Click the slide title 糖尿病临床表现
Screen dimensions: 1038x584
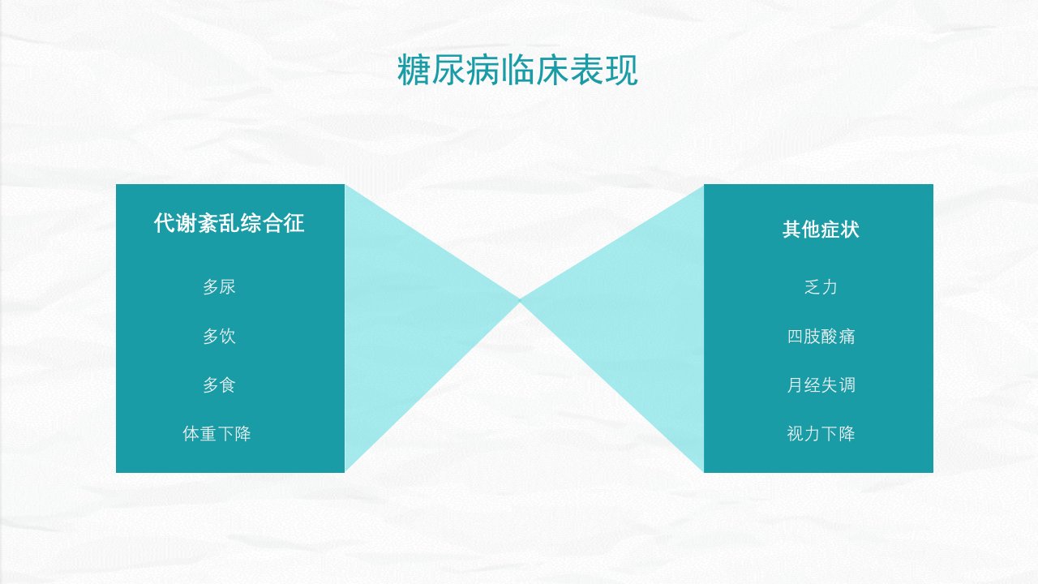point(517,70)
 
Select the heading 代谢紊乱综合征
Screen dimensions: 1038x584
point(229,223)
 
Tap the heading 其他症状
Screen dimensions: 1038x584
point(821,230)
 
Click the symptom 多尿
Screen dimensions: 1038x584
point(219,287)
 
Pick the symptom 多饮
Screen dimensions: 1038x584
point(219,336)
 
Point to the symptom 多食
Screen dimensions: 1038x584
point(219,384)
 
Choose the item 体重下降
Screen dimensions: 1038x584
point(217,434)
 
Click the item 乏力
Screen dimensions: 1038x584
point(821,287)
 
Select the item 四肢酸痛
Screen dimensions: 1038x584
point(821,336)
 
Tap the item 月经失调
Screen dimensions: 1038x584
point(821,384)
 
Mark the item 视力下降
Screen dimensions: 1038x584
point(821,434)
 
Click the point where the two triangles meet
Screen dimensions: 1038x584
point(520,300)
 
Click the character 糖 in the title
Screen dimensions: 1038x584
point(414,70)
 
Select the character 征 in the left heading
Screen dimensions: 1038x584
point(294,223)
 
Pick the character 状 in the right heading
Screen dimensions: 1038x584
point(850,230)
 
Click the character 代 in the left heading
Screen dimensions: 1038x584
point(165,223)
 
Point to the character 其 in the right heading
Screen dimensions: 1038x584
point(792,230)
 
